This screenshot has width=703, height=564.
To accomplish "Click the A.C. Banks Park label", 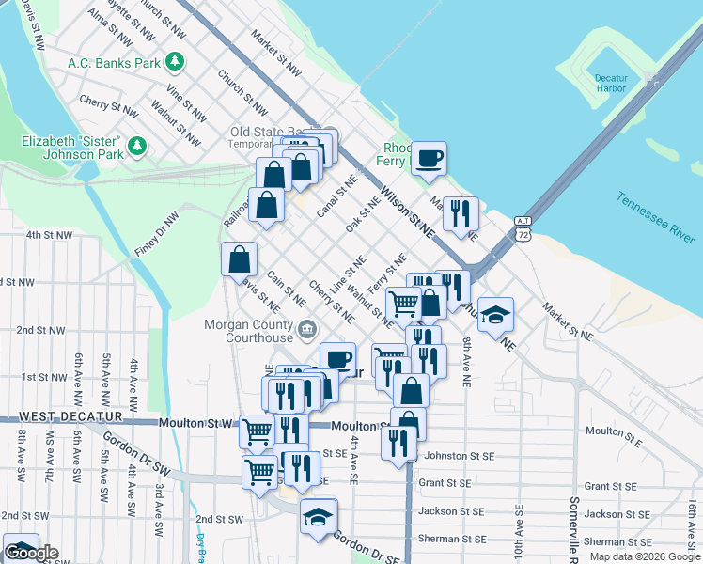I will pos(114,63).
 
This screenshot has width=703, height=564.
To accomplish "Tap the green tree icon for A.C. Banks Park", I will pos(174,62).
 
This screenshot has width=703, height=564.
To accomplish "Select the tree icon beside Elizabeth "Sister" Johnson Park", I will pos(137,147).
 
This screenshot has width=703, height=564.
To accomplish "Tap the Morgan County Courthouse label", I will pos(249,331).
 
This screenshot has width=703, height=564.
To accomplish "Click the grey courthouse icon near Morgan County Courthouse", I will pos(307,330).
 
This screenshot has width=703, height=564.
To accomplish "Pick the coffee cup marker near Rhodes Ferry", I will pos(429,157).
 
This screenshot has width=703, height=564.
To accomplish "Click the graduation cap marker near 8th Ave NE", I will pos(495,315).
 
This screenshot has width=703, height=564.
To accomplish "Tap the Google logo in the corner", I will pos(31,553).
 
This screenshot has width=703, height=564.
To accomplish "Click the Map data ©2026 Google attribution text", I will pos(644,556).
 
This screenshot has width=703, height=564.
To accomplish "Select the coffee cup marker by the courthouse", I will pos(338,358).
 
